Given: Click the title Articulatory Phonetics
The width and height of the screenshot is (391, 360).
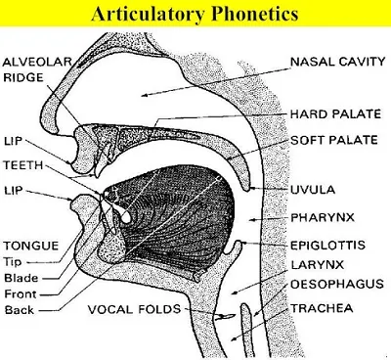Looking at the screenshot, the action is (x=195, y=14).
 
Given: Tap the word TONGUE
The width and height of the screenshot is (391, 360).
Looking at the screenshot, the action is (x=27, y=246).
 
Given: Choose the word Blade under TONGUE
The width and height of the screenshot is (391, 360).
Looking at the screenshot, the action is (x=21, y=278).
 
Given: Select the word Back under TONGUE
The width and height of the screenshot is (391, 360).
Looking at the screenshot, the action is (x=19, y=310).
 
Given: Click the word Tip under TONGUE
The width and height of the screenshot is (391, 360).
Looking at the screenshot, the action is (x=16, y=262).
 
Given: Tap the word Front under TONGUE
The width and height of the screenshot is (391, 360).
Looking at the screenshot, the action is (x=21, y=293).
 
